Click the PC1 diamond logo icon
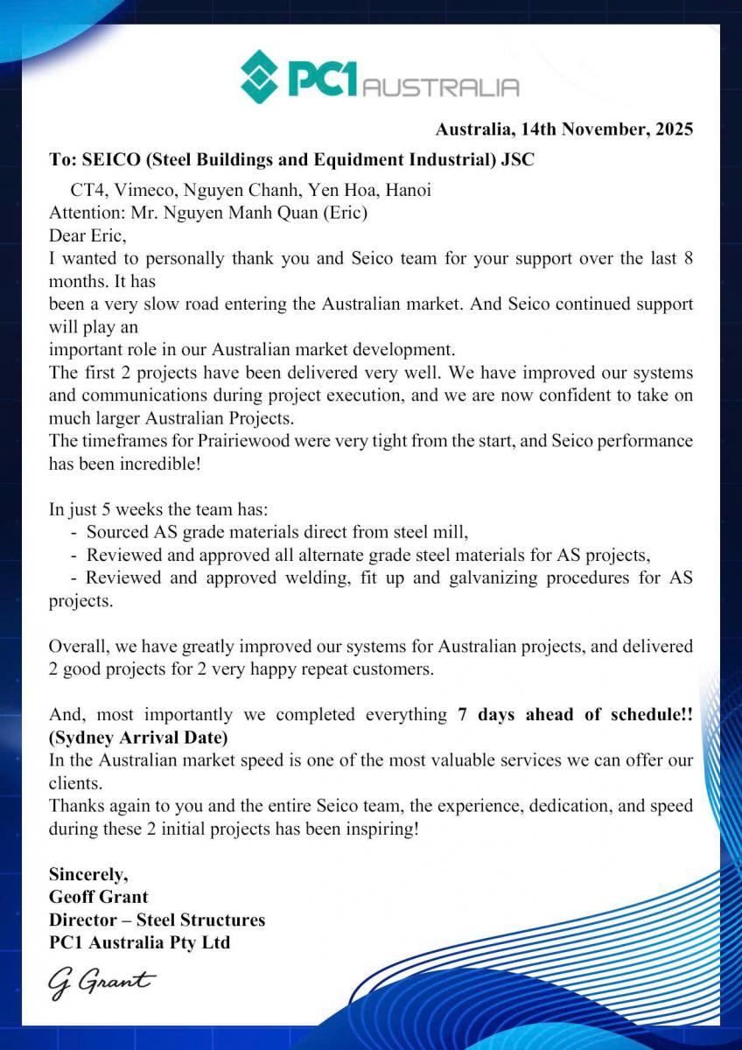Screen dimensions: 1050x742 259,77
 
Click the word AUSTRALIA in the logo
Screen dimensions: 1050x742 440,87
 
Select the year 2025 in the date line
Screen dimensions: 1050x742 672,129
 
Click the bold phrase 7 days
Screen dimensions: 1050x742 487,714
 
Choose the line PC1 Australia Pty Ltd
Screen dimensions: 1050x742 140,942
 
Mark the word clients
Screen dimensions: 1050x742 73,782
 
